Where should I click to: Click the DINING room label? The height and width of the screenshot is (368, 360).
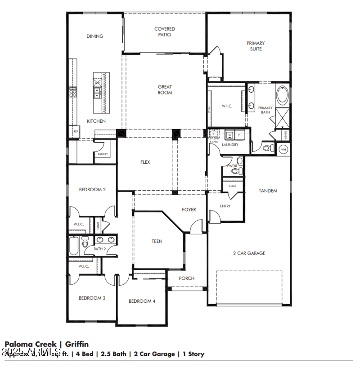[94, 36]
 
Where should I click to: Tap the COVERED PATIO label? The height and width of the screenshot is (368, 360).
[165, 31]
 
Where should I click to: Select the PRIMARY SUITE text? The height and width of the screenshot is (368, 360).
[256, 46]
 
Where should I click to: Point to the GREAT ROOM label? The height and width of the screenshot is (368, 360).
[165, 90]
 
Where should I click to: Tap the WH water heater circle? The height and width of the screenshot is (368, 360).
[283, 149]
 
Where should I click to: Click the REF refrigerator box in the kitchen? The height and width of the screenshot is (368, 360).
[76, 131]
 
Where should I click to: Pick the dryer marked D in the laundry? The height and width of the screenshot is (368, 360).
[239, 135]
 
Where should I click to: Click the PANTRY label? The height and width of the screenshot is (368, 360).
[103, 154]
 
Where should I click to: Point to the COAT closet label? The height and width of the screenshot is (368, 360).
[232, 185]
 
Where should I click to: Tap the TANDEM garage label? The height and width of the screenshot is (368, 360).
[268, 191]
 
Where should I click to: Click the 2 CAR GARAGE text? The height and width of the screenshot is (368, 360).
[249, 253]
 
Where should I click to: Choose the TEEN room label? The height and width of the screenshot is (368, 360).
[157, 242]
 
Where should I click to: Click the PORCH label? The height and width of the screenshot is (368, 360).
[186, 278]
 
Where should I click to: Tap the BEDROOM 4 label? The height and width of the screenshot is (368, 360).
[142, 301]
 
